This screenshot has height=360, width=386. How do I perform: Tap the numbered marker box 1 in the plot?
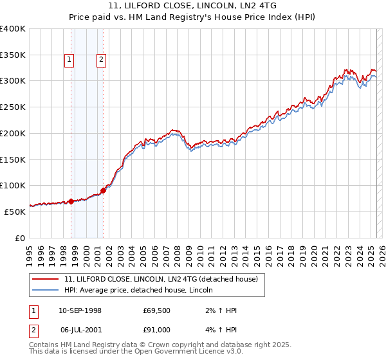[69, 60]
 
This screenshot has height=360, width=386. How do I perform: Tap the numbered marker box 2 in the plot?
[102, 60]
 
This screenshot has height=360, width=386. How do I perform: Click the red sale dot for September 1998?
[71, 201]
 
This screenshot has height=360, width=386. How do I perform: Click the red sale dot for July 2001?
[103, 190]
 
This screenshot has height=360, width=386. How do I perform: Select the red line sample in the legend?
[45, 279]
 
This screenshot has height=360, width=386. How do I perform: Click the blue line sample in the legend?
[45, 290]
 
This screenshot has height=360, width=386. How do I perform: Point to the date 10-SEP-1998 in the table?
[80, 310]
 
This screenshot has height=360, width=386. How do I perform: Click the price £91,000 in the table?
[157, 330]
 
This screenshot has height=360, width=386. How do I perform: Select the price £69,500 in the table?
[157, 310]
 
